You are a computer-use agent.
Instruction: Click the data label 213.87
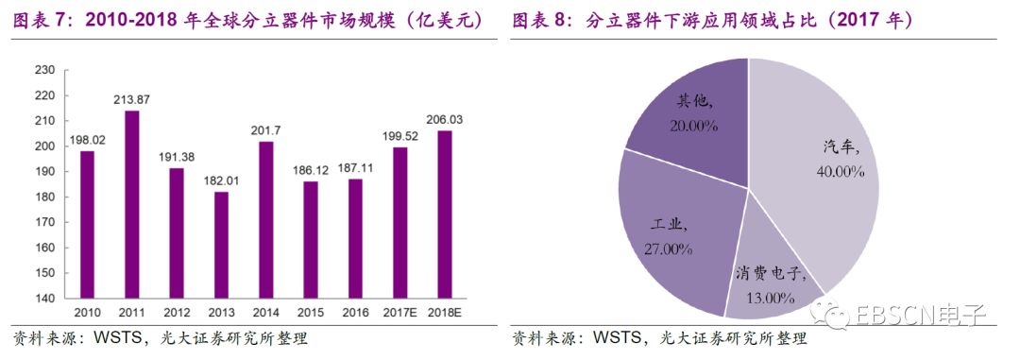pos(131,100)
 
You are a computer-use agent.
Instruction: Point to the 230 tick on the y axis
pos(44,70)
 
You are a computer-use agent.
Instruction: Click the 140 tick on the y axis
pos(44,298)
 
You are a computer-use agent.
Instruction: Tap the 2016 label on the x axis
pos(354,312)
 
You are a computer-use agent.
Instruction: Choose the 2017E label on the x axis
pos(399,312)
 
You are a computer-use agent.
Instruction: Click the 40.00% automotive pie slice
pos(817,161)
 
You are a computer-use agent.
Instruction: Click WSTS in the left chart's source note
pos(112,339)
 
